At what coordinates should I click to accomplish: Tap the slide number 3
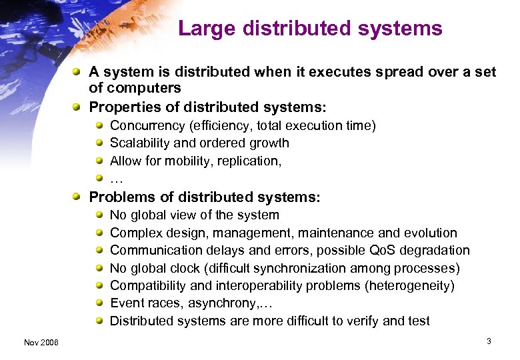pos(489,341)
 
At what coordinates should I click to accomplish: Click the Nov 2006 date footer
pos(41,342)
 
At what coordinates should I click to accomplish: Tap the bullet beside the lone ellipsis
pos(99,178)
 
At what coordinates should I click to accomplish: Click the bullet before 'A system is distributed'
pos(78,72)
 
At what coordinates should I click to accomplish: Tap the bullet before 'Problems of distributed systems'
pos(78,197)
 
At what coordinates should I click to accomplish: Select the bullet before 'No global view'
pos(99,215)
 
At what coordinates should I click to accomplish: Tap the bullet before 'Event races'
pos(99,303)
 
